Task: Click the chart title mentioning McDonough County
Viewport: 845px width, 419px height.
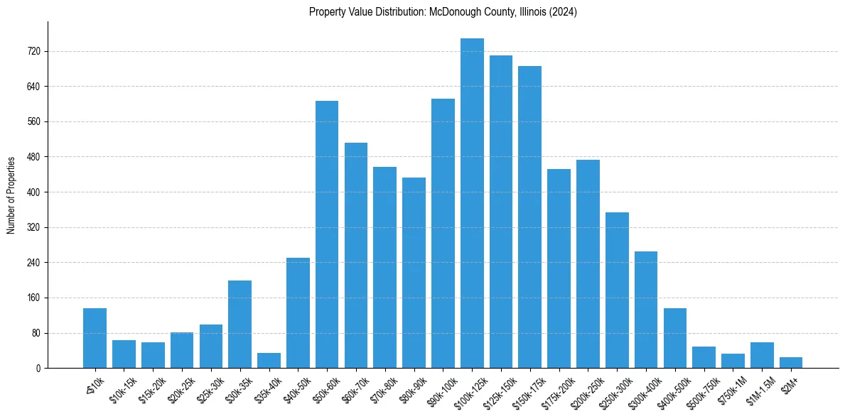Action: point(443,12)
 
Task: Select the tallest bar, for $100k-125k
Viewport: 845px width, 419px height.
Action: point(472,203)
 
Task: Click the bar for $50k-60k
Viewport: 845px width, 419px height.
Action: point(327,234)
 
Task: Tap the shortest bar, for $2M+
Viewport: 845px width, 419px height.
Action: point(791,363)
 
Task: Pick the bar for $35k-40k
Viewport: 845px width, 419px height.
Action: point(269,361)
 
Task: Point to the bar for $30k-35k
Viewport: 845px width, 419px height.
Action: point(239,325)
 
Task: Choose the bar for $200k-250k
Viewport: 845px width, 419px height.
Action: point(588,264)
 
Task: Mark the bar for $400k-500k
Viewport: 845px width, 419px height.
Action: point(675,338)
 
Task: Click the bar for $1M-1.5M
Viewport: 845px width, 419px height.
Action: point(762,355)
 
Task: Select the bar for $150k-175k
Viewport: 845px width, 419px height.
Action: point(529,217)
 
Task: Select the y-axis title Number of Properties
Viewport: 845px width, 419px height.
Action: point(11,195)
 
